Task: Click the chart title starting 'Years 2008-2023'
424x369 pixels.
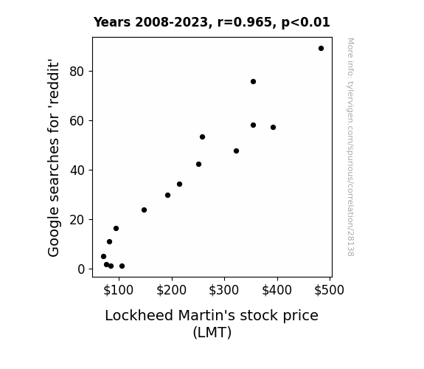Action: (x=212, y=22)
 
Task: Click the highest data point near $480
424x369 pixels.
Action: (x=321, y=49)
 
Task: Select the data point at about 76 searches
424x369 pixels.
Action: (x=253, y=81)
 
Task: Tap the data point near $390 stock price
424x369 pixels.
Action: (x=273, y=127)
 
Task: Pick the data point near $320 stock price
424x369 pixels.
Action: (x=236, y=151)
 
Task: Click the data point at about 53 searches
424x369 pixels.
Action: (x=202, y=137)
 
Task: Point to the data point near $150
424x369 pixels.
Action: (x=144, y=210)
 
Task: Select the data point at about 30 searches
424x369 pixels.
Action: (x=167, y=195)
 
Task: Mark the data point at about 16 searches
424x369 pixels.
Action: (x=116, y=229)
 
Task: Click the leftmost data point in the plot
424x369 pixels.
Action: (x=103, y=256)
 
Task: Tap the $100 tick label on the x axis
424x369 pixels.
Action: (x=118, y=290)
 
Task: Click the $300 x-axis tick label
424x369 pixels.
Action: (x=224, y=290)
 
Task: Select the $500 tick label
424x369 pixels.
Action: (x=329, y=290)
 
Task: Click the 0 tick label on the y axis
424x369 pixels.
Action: (x=81, y=269)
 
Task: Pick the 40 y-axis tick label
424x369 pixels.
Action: (x=77, y=170)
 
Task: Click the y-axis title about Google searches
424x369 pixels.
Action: (x=53, y=159)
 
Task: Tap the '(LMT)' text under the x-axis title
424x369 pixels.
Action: (x=212, y=332)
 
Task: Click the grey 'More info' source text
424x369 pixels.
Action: (x=350, y=147)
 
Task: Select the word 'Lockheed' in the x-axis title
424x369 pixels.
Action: (x=139, y=315)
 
